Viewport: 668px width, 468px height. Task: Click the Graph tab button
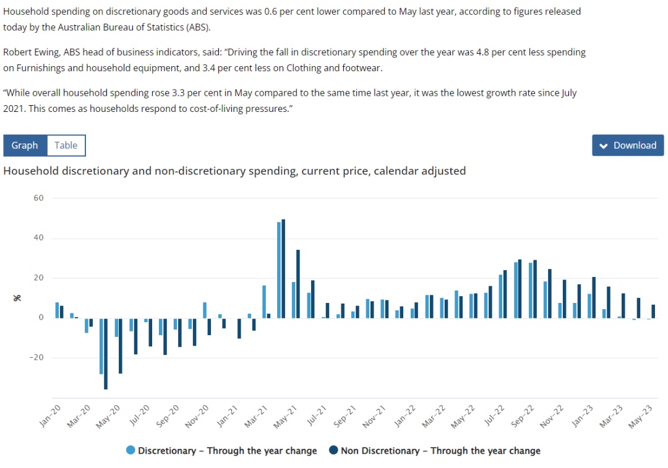point(25,145)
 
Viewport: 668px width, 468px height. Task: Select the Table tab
point(66,145)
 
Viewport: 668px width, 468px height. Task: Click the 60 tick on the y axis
point(38,198)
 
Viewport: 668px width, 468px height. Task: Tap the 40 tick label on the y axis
point(38,238)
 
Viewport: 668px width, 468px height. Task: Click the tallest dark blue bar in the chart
point(283,268)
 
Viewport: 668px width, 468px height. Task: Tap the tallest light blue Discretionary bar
point(279,270)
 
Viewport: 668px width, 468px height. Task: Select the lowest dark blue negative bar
point(106,354)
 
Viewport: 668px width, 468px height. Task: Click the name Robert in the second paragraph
point(19,53)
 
